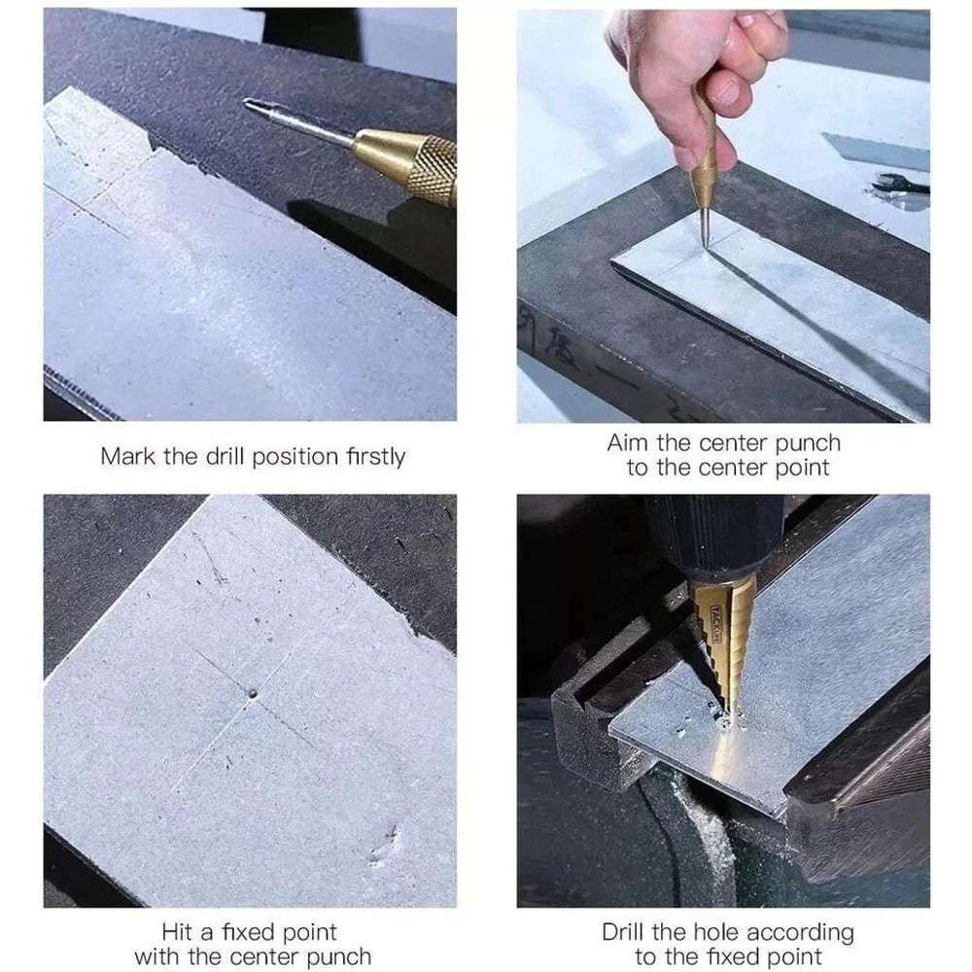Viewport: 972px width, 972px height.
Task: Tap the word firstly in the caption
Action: pos(375,457)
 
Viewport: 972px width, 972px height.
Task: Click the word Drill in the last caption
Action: pos(623,932)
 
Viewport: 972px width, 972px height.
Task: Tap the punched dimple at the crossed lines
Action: pos(253,692)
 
